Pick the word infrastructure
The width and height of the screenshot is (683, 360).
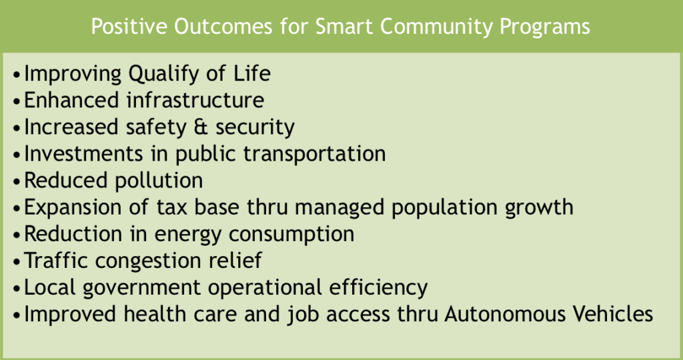tap(195, 99)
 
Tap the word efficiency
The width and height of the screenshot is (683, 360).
tap(378, 288)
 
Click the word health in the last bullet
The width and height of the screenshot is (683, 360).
tap(155, 314)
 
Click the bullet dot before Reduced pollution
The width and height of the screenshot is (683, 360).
tap(17, 182)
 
